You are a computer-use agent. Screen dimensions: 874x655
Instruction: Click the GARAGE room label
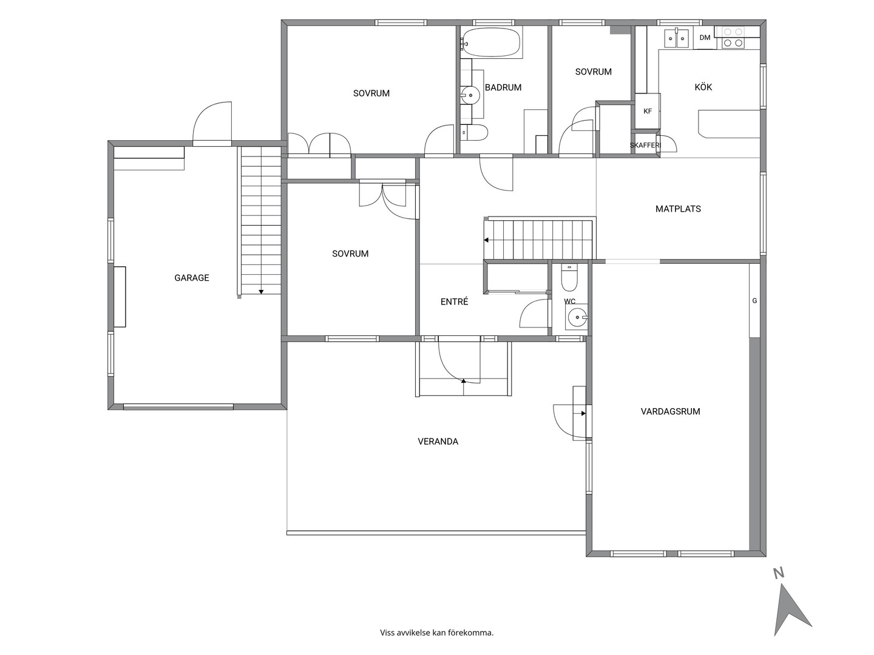coord(192,278)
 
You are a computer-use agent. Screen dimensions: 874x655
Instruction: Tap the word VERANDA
coord(438,441)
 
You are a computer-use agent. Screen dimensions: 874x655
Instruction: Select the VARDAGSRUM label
coord(670,411)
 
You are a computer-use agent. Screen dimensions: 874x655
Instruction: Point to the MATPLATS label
coord(678,209)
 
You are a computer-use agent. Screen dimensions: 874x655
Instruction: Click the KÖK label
coord(703,87)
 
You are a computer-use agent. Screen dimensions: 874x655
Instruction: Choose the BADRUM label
coord(503,87)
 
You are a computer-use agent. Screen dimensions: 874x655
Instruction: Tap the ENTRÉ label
coord(454,301)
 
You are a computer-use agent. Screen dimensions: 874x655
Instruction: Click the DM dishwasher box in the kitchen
coord(705,38)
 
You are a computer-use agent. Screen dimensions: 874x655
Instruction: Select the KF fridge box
coord(648,111)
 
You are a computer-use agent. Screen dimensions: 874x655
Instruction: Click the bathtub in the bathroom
coord(492,42)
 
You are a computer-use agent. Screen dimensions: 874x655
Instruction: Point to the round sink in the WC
coord(576,317)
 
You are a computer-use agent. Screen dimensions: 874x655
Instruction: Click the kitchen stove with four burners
coord(733,38)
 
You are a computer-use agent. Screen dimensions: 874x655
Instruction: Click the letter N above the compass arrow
coord(779,574)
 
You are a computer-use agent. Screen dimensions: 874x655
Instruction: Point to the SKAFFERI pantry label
coord(645,145)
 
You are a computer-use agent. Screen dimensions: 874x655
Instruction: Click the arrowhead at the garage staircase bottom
coord(261,292)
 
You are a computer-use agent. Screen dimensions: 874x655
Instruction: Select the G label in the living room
coord(754,301)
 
